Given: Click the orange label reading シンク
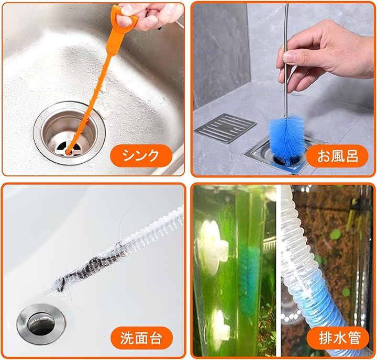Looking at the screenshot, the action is pyautogui.click(x=141, y=156).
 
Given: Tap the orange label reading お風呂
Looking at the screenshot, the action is pyautogui.click(x=337, y=156).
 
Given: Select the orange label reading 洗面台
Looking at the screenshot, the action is pyautogui.click(x=141, y=338).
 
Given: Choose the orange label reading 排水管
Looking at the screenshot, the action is pyautogui.click(x=338, y=338).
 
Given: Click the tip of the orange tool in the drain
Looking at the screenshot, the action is pyautogui.click(x=69, y=151).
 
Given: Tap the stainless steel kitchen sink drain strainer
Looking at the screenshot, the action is pyautogui.click(x=69, y=133).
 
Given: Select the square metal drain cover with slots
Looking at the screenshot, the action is pyautogui.click(x=225, y=128).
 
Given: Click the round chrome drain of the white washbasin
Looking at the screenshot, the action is pyautogui.click(x=41, y=324).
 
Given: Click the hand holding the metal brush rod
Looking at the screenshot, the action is pyautogui.click(x=324, y=53).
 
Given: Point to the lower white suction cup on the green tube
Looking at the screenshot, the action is pyautogui.click(x=219, y=330).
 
